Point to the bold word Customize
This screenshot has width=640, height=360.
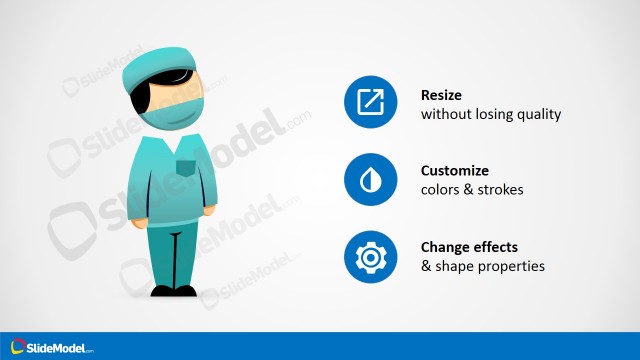[455, 171]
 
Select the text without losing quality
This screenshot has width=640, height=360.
[490, 115]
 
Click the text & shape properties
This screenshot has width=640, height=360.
[482, 266]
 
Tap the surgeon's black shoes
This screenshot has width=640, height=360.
[172, 291]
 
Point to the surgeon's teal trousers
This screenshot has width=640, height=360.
[172, 250]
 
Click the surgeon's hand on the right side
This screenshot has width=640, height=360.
[209, 211]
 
